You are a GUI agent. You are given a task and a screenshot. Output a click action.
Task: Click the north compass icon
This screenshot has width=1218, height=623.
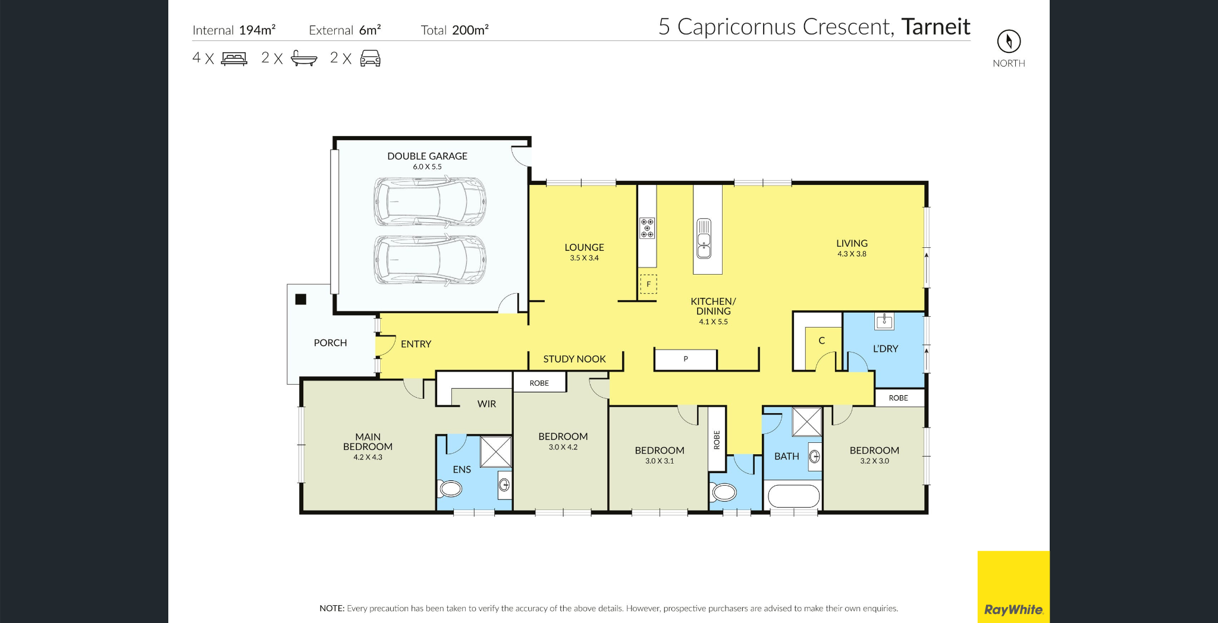(x=1009, y=41)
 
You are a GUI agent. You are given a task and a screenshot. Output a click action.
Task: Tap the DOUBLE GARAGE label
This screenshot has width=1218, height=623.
(x=427, y=156)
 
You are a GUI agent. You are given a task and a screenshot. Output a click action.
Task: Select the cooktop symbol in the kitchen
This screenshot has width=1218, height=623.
(x=647, y=228)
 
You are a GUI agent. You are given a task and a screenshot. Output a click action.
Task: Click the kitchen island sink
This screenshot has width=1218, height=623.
(x=704, y=239)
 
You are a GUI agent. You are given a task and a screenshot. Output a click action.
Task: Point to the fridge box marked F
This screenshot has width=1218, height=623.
(x=648, y=284)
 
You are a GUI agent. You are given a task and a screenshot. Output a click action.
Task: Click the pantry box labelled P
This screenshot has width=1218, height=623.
(x=685, y=359)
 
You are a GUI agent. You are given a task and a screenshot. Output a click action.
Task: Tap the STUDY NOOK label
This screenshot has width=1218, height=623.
(x=574, y=359)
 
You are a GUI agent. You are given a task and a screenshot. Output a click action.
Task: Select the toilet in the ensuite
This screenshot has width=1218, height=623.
(x=450, y=489)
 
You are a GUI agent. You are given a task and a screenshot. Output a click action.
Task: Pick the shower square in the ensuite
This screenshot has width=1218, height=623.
(x=496, y=452)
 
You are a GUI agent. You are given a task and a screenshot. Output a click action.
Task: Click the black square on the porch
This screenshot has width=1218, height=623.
(x=301, y=299)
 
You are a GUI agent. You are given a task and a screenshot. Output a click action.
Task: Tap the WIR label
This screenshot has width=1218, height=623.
(x=486, y=404)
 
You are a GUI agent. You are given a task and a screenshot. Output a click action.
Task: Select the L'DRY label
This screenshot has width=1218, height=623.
(x=885, y=349)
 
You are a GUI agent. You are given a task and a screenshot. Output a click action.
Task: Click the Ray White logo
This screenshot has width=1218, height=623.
(x=1013, y=609)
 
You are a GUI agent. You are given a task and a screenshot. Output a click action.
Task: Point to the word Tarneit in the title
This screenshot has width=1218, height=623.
(x=936, y=27)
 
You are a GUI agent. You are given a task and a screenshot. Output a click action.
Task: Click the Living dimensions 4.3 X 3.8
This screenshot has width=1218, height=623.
(x=852, y=254)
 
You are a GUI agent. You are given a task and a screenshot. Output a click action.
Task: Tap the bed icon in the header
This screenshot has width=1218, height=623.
(x=234, y=58)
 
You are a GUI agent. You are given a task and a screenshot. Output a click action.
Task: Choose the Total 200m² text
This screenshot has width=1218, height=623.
(x=454, y=30)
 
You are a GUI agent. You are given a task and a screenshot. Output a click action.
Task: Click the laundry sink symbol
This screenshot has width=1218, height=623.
(x=884, y=321)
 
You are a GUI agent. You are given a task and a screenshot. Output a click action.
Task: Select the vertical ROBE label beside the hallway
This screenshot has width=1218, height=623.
(x=717, y=440)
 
